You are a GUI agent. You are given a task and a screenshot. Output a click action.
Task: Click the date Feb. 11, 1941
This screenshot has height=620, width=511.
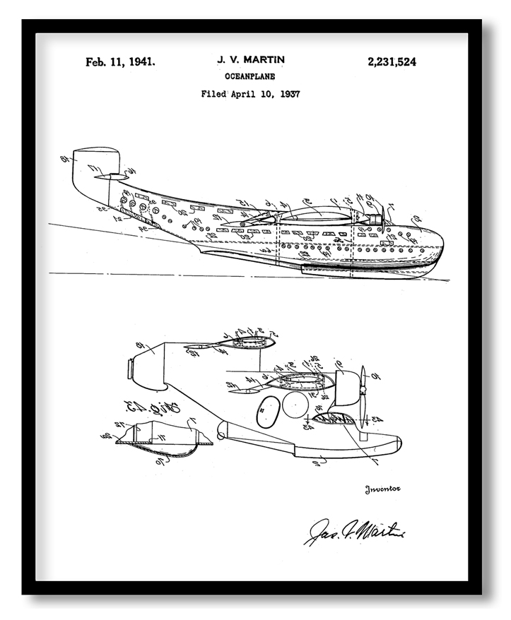pos(120,62)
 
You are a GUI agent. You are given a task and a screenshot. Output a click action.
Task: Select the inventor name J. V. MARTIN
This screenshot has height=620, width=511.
pos(250,61)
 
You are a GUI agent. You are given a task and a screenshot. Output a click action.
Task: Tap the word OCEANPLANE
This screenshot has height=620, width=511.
pos(249,76)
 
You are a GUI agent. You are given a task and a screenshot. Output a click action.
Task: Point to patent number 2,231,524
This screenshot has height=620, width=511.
pos(392,62)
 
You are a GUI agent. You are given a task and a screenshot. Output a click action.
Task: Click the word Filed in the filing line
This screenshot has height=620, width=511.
pos(213,93)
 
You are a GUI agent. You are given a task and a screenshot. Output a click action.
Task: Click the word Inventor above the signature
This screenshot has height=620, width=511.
pos(382,489)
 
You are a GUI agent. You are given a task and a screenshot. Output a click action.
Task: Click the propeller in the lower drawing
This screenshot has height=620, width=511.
pos(362,400)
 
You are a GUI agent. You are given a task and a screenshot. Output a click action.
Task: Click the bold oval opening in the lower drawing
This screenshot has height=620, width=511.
pos(269,411)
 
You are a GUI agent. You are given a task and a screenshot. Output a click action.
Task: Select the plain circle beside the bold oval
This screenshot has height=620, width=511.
pos(295,404)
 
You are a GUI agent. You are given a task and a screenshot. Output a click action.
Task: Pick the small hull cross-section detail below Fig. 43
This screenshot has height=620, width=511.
pos(162,438)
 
